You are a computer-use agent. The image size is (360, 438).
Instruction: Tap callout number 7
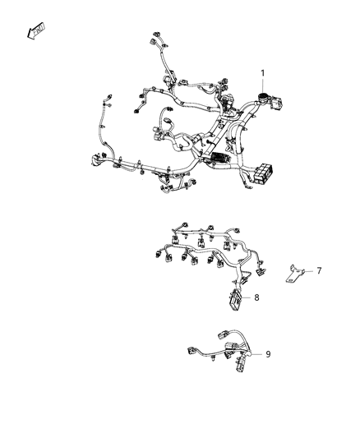[x=320, y=270]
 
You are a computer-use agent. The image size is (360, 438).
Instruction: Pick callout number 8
[x=257, y=297]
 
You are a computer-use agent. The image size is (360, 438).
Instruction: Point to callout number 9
[x=268, y=354]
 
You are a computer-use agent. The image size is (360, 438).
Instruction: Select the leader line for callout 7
[x=310, y=270]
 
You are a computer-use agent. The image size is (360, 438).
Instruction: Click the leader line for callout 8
[x=247, y=297]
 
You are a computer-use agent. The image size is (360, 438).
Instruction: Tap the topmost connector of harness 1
[x=155, y=39]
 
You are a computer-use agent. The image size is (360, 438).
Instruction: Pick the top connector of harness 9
[x=224, y=336]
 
